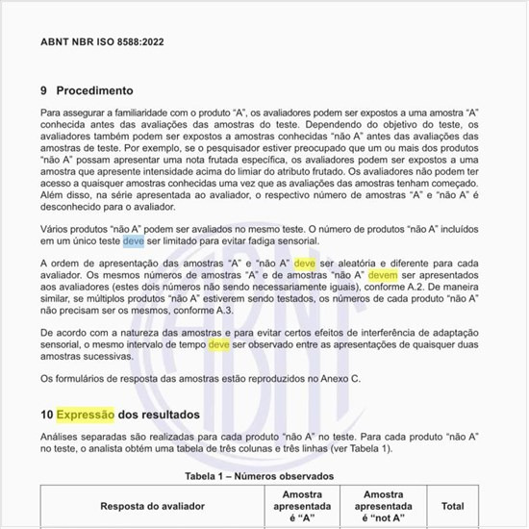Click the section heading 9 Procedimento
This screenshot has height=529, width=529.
[87, 90]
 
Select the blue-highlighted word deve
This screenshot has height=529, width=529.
[134, 240]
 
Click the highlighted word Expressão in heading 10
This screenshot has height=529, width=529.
[85, 415]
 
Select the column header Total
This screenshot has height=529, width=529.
[452, 505]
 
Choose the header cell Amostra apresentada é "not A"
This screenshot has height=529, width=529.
[383, 505]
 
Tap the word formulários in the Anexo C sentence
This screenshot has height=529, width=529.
[89, 378]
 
